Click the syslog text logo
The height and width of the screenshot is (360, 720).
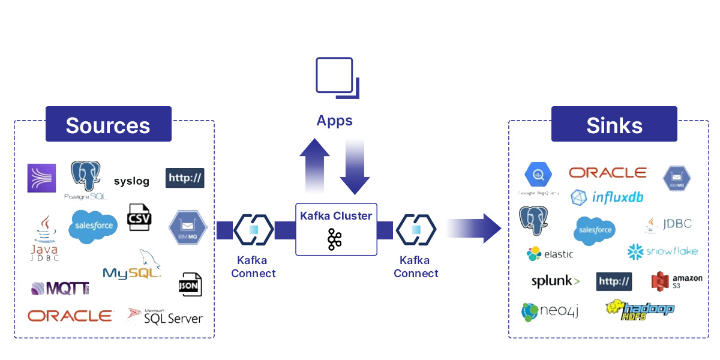131,181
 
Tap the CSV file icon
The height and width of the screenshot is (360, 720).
139,217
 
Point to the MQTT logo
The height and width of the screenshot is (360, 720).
60,289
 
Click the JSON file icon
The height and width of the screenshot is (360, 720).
190,285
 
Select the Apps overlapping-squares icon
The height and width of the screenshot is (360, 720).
337,77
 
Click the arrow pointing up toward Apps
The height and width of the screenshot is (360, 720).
314,166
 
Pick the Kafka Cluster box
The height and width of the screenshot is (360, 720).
336,229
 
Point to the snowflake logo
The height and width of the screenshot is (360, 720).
662,251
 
